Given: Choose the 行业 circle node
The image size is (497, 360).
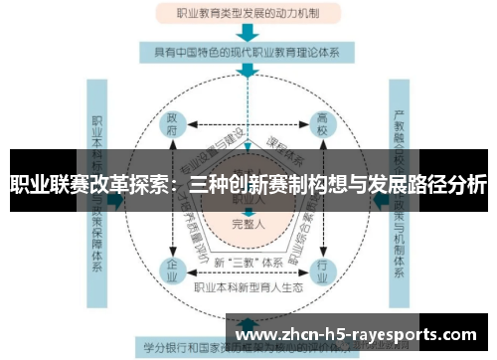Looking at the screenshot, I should click(321, 269).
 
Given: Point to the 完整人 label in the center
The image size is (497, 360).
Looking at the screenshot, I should click(248, 224).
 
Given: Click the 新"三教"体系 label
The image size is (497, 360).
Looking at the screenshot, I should click(248, 262).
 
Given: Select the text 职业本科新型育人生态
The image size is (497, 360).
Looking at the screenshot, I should click(249, 287).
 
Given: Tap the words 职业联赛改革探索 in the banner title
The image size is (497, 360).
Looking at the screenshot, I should click(83, 185).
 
